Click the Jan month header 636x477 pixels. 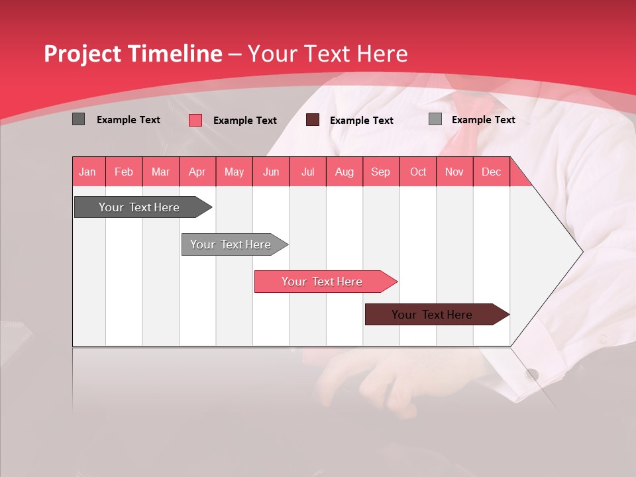tap(87, 172)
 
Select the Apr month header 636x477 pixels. tap(197, 172)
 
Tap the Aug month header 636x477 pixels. tap(344, 172)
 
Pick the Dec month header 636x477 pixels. tap(491, 172)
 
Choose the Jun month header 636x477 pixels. tap(271, 172)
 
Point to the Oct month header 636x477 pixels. tap(418, 172)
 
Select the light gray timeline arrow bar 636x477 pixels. tap(232, 244)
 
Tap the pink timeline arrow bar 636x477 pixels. tap(323, 282)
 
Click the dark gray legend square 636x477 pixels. tap(78, 119)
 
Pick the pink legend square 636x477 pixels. tap(195, 120)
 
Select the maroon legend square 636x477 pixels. tap(313, 119)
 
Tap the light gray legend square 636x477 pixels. tap(435, 119)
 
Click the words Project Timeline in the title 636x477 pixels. tap(132, 54)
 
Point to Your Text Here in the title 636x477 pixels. tap(327, 54)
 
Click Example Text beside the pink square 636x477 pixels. tap(245, 121)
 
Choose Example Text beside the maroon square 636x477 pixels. tap(362, 121)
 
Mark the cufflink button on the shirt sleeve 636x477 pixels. tap(532, 375)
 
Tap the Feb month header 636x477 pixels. tap(124, 172)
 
